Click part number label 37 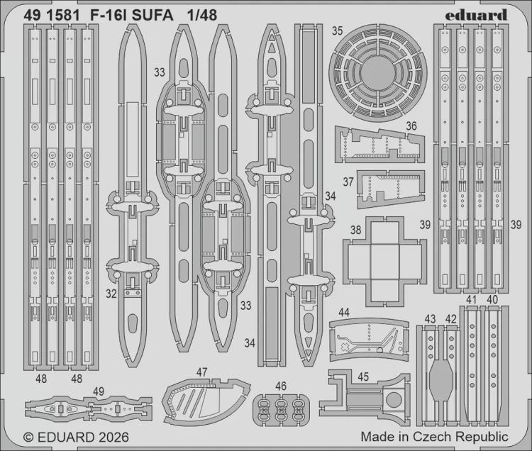pos(348,182)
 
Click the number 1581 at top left pos(65,15)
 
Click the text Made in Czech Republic pos(433,437)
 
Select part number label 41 pos(472,299)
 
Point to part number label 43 pos(429,319)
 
